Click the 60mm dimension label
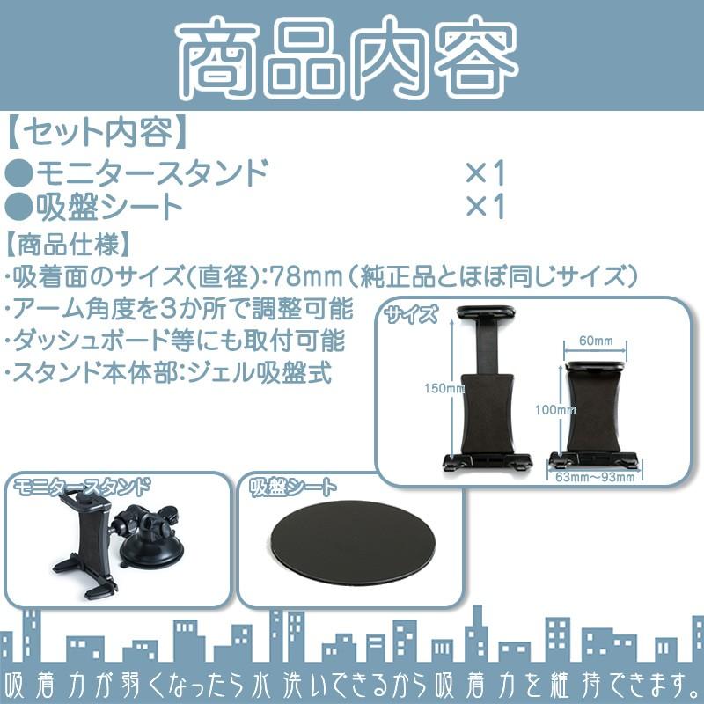click(x=596, y=340)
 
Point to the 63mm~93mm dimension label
click(x=595, y=476)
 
